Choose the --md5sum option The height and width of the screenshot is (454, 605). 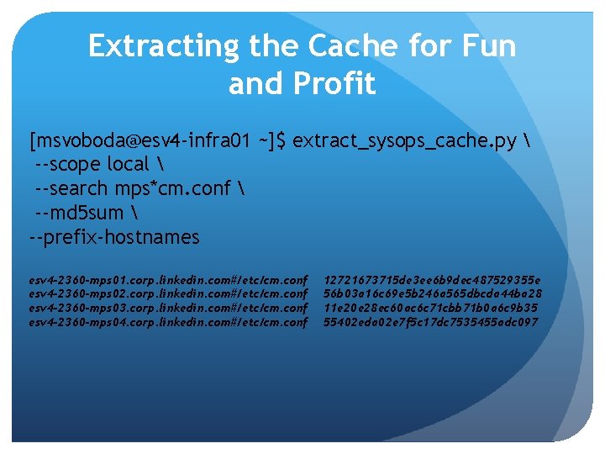(81, 213)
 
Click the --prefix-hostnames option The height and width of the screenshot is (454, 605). (114, 237)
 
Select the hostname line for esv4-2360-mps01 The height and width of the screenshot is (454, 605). (169, 279)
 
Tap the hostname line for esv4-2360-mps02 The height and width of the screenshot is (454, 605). (169, 293)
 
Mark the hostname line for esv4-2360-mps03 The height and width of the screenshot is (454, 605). (169, 307)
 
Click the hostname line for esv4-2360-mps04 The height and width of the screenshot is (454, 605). (169, 321)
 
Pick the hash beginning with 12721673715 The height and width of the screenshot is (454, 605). (433, 279)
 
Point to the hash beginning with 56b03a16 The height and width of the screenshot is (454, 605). (433, 293)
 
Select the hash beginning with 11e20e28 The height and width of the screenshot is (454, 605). (431, 307)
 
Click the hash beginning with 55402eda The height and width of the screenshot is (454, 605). (431, 321)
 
